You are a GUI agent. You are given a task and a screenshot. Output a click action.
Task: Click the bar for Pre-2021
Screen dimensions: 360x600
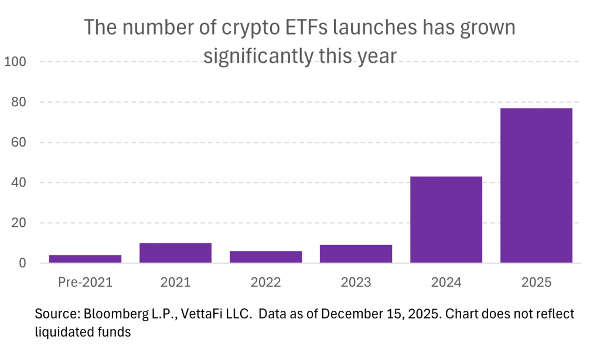[86, 259]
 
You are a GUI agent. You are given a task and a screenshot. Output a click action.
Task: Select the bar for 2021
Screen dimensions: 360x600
[176, 253]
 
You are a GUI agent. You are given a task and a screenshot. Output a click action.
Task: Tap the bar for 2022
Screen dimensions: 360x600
[266, 257]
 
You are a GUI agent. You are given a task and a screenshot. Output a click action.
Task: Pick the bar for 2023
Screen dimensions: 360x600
[356, 254]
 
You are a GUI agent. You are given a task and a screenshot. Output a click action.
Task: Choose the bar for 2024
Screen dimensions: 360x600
[446, 219]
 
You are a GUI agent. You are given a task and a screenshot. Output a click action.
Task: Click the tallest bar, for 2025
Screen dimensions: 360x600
[536, 185]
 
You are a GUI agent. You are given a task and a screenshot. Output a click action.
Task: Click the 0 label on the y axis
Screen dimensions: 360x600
[22, 263]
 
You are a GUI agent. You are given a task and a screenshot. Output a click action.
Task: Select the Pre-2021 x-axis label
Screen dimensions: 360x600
[86, 283]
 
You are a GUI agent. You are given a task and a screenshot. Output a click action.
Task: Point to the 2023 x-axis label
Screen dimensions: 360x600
[356, 283]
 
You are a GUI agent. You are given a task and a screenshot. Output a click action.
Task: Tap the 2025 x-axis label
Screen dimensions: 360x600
[536, 283]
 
